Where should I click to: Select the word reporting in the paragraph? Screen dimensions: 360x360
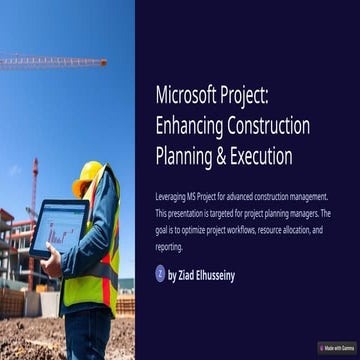[169, 246]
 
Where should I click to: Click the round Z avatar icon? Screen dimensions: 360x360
[160, 273]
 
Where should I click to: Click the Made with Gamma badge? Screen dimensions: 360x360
[336, 348]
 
